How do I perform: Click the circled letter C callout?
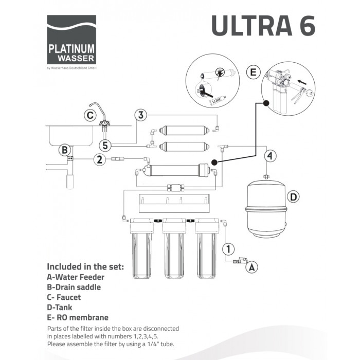(x=90, y=115)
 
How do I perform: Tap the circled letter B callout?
(x=65, y=150)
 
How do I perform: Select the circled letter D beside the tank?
(x=294, y=197)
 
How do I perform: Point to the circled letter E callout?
(x=253, y=73)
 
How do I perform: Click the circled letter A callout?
(x=252, y=267)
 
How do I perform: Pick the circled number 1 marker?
(x=228, y=249)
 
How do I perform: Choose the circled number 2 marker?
(x=100, y=159)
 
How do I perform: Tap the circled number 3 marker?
(x=141, y=115)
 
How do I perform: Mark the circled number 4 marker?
(x=270, y=156)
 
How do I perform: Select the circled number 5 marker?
(x=105, y=146)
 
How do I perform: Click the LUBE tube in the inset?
(x=217, y=100)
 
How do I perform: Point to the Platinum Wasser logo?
(x=71, y=40)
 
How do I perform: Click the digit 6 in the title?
(x=307, y=26)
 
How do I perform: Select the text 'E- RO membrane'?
(x=78, y=317)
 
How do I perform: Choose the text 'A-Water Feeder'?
(x=76, y=277)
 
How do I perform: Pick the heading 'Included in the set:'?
(x=85, y=267)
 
